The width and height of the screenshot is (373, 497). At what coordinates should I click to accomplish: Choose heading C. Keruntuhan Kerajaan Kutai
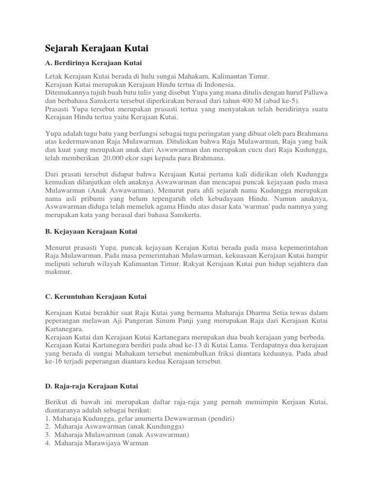click(96, 296)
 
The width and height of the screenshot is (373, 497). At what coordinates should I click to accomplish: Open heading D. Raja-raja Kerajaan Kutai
click(92, 386)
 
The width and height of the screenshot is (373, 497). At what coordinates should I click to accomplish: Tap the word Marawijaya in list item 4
click(105, 443)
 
